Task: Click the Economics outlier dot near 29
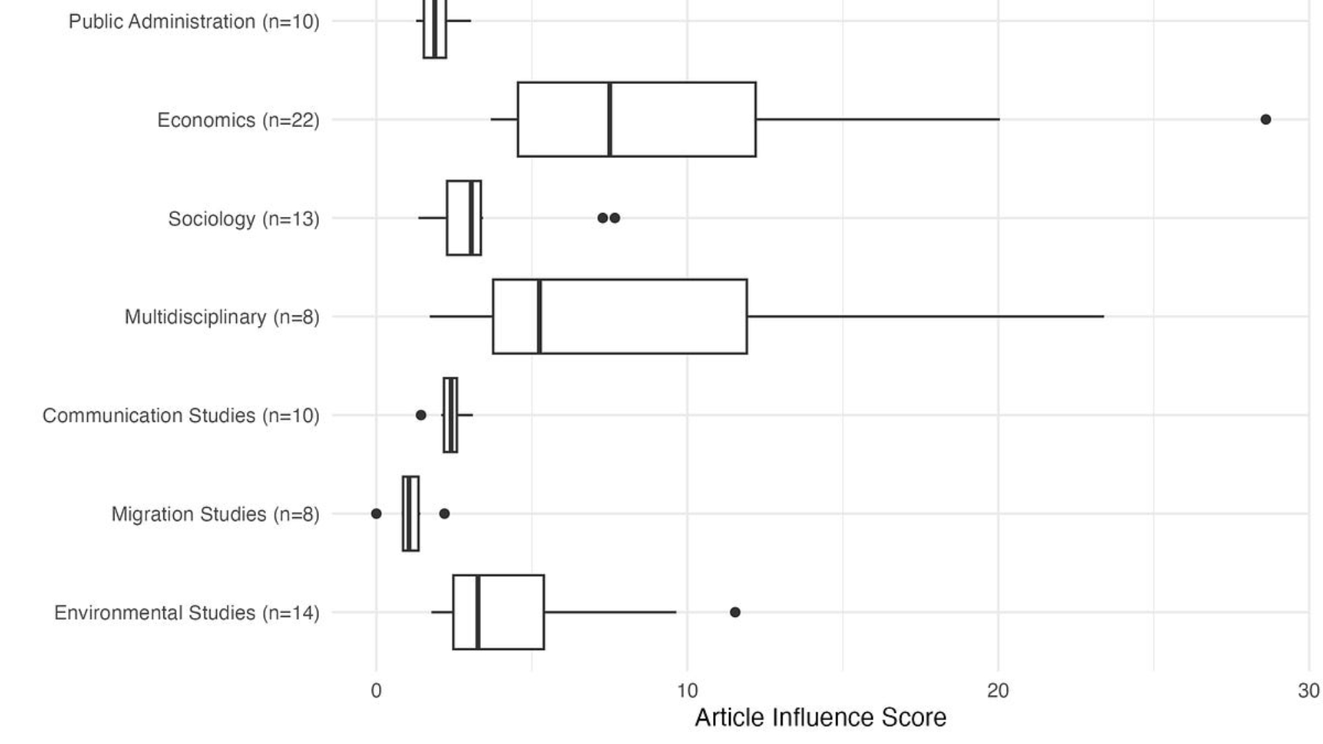point(1265,120)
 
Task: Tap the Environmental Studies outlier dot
point(735,612)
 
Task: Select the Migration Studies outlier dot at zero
point(376,514)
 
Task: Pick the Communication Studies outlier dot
point(421,415)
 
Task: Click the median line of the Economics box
point(609,120)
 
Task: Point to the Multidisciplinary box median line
point(540,317)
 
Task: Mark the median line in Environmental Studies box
point(478,612)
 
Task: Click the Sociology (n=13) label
point(243,219)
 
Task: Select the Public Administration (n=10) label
point(194,22)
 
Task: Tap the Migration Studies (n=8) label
point(215,515)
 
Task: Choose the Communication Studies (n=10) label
point(181,416)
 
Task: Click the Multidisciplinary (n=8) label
point(222,317)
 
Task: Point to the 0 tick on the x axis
point(376,691)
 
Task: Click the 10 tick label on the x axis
point(687,691)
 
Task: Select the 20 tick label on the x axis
point(998,691)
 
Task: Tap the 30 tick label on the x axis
point(1308,691)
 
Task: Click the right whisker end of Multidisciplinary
point(1103,317)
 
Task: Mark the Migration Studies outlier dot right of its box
point(445,514)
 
